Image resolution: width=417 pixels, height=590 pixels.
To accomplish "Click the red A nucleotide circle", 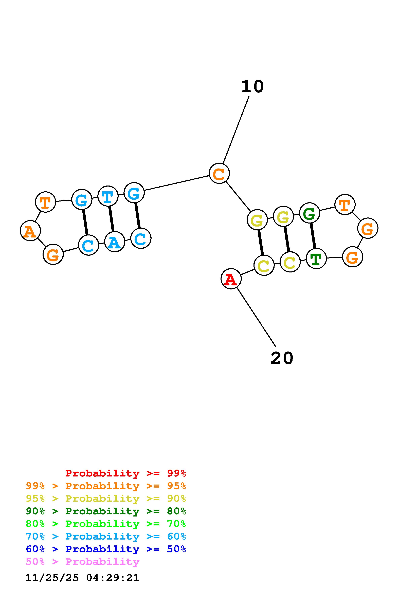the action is pos(231,279).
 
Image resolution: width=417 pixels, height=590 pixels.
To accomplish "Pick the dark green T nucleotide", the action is pos(316,259).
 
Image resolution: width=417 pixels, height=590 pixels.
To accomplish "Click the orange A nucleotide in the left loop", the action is pos(30,231).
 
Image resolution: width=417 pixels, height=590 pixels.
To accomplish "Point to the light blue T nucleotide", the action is pos(108,196).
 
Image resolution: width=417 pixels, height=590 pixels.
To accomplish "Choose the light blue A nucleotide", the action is pos(115,242).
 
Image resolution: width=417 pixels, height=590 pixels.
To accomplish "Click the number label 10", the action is pos(252,87).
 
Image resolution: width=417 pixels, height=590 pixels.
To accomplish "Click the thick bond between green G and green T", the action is pos(313,236).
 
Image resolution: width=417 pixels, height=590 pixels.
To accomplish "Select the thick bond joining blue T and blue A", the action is pos(111,219).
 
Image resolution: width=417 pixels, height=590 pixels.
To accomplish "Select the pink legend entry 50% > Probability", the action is pos(82,562).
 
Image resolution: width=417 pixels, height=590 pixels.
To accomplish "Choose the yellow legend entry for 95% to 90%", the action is pos(106,499).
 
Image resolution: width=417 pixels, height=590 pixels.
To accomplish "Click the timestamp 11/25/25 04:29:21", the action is pos(82,578).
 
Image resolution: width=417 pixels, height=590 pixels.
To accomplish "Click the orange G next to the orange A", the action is pos(53,254).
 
